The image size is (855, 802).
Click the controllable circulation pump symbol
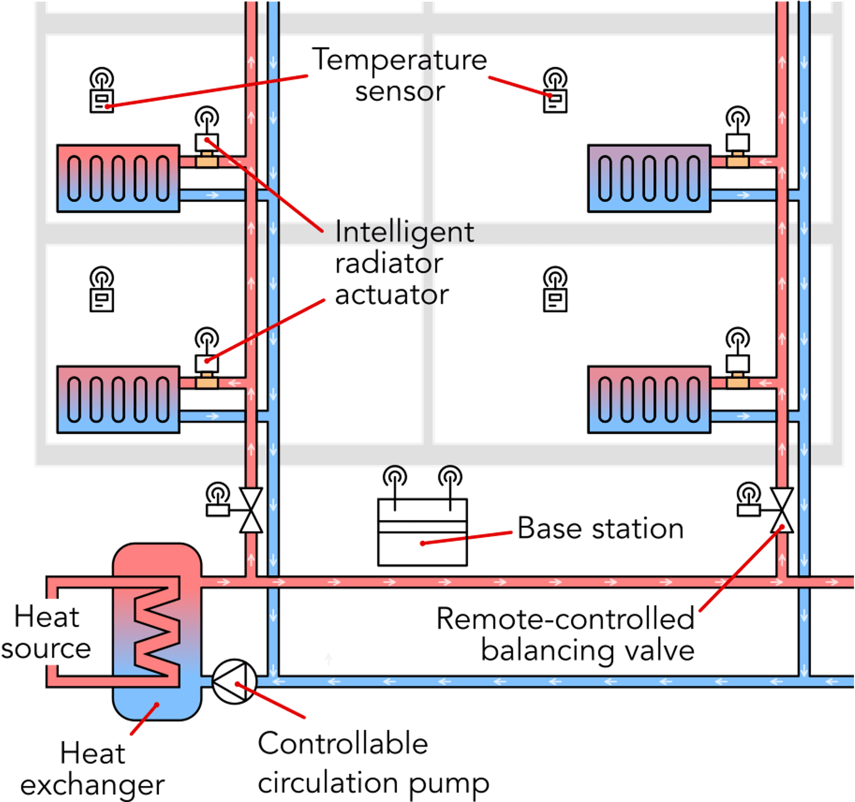[x=234, y=681]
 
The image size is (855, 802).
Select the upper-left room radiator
[x=118, y=179]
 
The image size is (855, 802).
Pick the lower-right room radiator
[x=649, y=400]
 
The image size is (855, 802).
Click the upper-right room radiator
[x=649, y=179]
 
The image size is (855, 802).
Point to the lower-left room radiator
[x=118, y=400]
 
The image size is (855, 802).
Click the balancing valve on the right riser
[x=782, y=510]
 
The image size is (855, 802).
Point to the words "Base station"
[x=600, y=529]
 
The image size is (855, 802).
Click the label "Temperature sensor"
[x=399, y=75]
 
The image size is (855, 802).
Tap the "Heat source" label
[x=46, y=633]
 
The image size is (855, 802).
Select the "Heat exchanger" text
[x=93, y=769]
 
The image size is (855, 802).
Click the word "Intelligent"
[x=404, y=232]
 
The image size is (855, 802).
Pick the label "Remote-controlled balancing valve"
[x=565, y=634]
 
